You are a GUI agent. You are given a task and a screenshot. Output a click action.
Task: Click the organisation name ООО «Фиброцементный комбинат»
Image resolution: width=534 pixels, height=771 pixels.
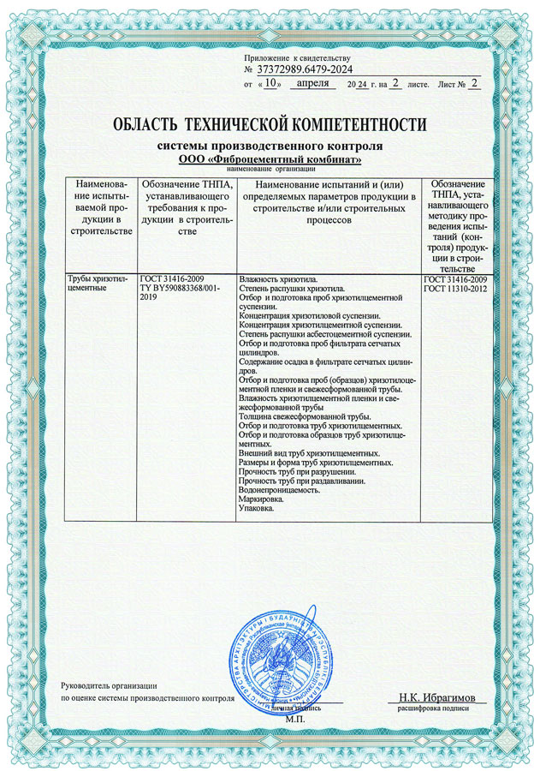click(270, 159)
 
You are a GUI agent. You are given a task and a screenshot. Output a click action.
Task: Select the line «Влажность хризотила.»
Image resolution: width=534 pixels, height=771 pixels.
click(278, 279)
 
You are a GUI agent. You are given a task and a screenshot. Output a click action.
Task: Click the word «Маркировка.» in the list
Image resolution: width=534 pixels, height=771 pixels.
click(263, 502)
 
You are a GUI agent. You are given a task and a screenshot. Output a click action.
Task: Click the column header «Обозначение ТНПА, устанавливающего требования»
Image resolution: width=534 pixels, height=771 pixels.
click(186, 210)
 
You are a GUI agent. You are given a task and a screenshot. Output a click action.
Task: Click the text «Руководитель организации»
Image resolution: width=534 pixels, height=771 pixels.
click(109, 685)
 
